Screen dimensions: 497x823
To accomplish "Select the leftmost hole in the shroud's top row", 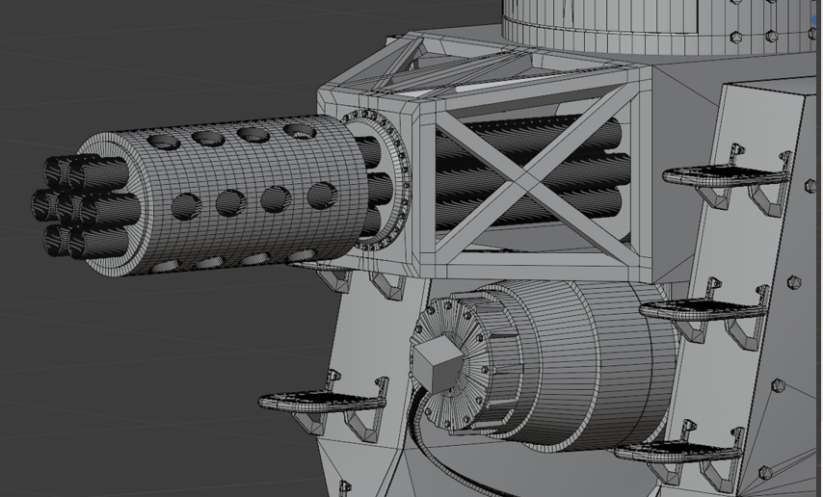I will point(165,143).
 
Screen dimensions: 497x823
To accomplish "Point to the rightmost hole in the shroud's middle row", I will point(321,196).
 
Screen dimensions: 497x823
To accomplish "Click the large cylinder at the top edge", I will point(655,24).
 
